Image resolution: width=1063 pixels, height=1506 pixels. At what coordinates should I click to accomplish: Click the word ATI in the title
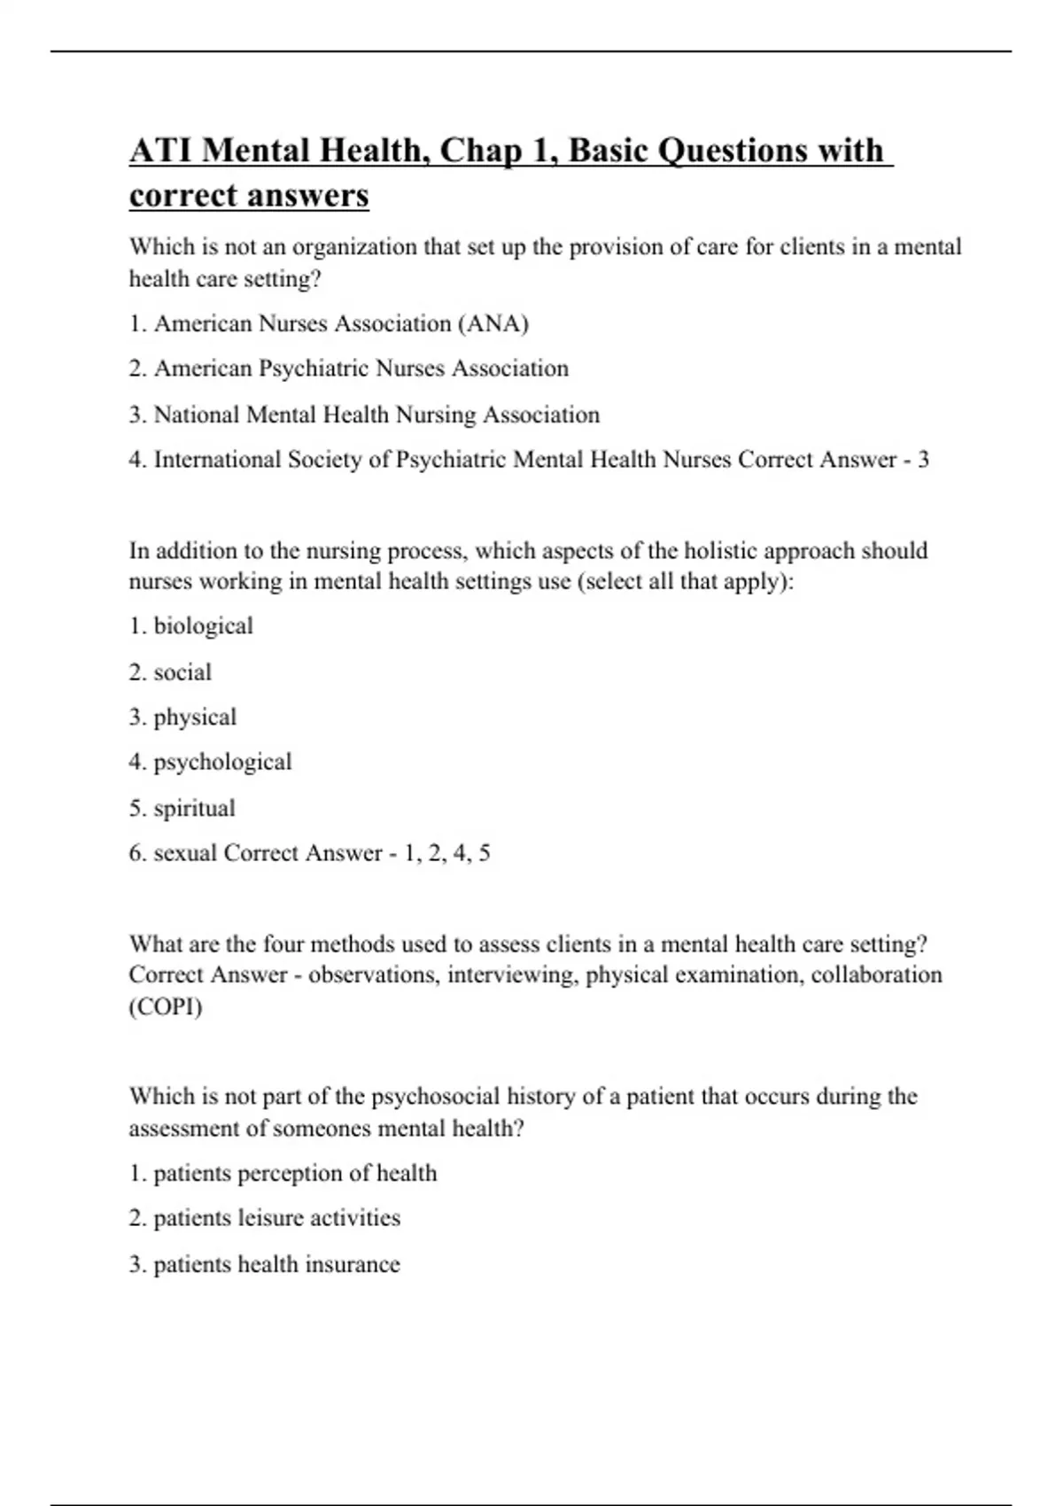pyautogui.click(x=160, y=151)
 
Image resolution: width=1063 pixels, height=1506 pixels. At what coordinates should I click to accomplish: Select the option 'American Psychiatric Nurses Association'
pyautogui.click(x=361, y=369)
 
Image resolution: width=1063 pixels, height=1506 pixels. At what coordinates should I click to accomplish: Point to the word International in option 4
pyautogui.click(x=216, y=460)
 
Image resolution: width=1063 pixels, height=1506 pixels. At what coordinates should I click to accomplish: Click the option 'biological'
pyautogui.click(x=203, y=626)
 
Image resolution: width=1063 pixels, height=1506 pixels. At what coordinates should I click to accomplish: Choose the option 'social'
pyautogui.click(x=182, y=672)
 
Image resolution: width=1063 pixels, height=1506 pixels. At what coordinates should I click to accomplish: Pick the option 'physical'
pyautogui.click(x=195, y=718)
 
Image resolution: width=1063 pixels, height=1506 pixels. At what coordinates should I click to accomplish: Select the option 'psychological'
pyautogui.click(x=222, y=763)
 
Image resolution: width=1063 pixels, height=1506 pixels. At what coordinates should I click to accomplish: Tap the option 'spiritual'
pyautogui.click(x=194, y=809)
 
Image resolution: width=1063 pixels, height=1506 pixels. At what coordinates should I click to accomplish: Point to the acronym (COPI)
pyautogui.click(x=166, y=1007)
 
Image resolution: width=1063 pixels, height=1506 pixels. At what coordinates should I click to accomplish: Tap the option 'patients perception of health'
pyautogui.click(x=295, y=1174)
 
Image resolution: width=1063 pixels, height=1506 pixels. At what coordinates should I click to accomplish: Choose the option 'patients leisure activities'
pyautogui.click(x=276, y=1218)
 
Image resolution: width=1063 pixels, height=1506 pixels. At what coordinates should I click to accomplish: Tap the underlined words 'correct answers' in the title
pyautogui.click(x=249, y=195)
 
